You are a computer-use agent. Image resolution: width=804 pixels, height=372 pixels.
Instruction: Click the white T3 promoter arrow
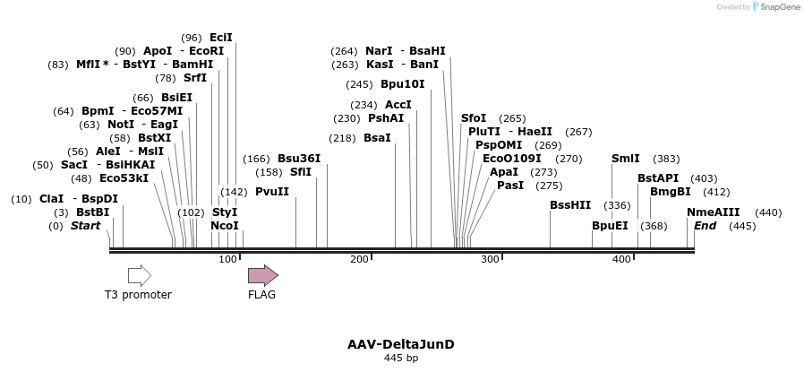[139, 275]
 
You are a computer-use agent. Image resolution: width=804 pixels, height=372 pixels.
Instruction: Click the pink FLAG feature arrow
[262, 275]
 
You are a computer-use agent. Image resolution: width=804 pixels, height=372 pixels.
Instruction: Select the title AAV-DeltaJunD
[401, 344]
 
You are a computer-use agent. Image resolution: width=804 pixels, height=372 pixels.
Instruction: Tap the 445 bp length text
[401, 359]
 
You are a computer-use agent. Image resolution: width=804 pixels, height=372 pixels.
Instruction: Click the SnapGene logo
[775, 7]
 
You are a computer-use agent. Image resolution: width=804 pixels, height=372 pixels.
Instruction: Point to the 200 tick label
[359, 259]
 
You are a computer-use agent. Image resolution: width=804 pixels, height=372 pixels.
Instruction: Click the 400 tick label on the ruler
[621, 259]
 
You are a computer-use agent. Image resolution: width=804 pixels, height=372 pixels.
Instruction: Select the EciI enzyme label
[220, 38]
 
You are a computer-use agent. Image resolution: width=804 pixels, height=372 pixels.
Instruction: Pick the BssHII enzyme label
[570, 205]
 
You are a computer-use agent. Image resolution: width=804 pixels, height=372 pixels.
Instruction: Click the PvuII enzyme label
[272, 192]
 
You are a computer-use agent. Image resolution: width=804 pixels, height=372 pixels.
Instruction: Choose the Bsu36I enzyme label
[299, 159]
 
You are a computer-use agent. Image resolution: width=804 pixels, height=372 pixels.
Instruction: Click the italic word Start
[86, 226]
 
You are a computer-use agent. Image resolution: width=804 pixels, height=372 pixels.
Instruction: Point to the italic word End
[706, 226]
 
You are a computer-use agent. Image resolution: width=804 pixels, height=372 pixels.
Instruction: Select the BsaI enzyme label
[377, 138]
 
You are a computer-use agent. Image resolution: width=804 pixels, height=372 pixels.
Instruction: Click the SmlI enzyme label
[626, 159]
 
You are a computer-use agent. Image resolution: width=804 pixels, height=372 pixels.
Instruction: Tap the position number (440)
[768, 212]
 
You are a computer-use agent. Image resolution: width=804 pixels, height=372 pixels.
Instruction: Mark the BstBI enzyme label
[92, 212]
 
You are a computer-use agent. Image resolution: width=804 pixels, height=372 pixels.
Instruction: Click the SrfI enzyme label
[195, 78]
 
